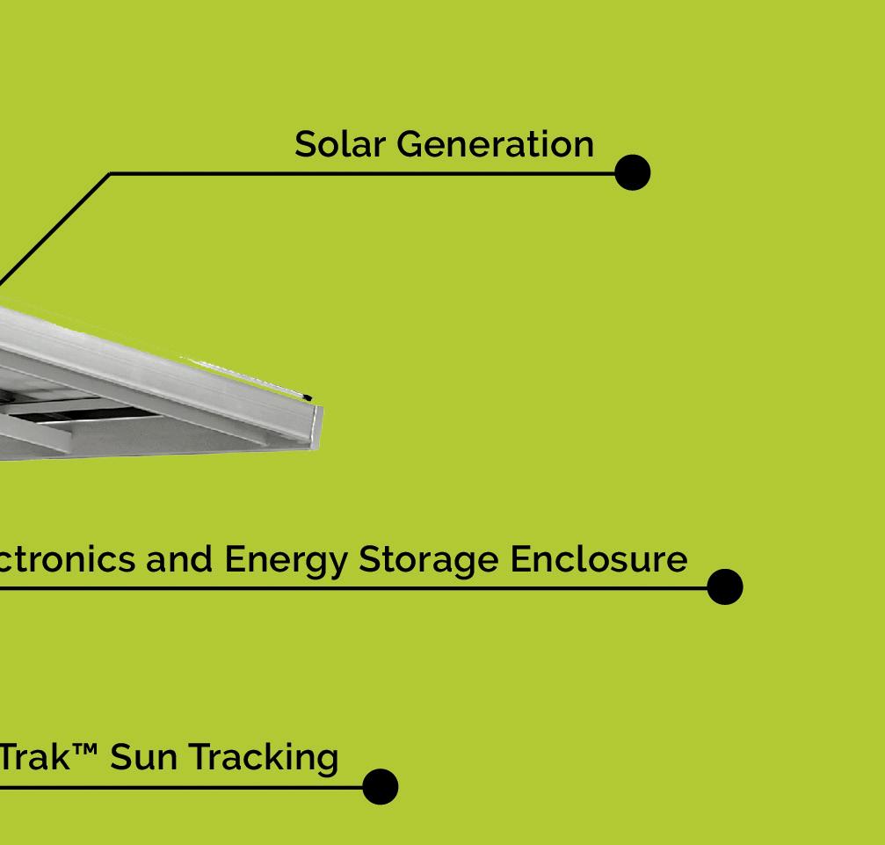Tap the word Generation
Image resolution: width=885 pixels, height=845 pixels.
coord(495,144)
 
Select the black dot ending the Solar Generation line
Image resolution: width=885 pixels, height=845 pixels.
coord(632,172)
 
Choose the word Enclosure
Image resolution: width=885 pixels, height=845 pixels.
coord(598,559)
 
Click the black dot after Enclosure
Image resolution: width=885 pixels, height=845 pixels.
coord(724,586)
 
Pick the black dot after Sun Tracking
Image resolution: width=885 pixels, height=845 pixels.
coord(380,786)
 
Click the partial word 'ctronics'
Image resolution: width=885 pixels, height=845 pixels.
coord(67,559)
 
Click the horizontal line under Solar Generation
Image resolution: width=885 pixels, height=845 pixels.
coord(352,174)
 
